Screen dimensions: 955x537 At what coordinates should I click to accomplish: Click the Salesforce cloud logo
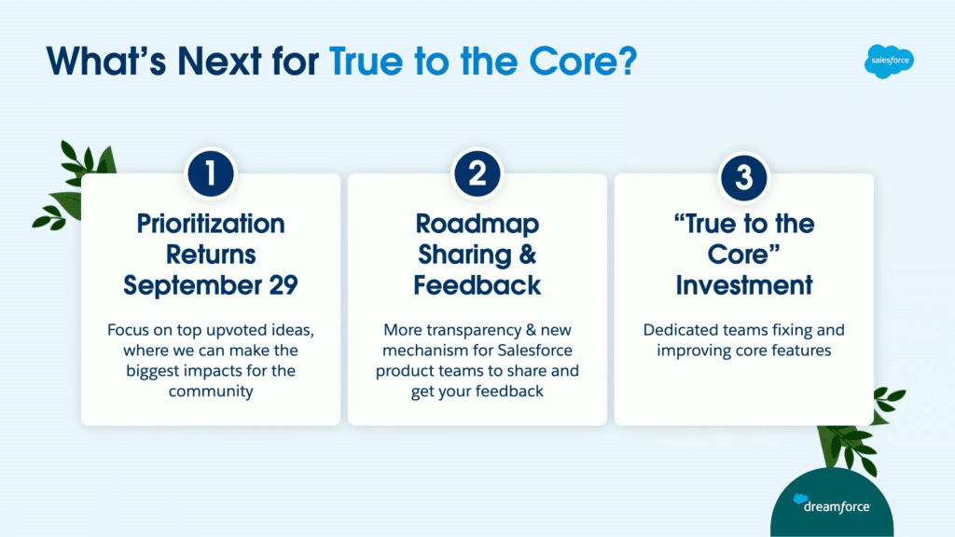[x=889, y=61]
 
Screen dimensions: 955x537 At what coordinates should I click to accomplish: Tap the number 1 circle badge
[x=211, y=173]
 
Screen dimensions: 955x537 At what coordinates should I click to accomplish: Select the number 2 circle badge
[x=477, y=173]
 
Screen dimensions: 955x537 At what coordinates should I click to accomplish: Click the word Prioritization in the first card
[x=211, y=224]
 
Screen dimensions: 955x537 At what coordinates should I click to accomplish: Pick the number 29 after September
[x=284, y=285]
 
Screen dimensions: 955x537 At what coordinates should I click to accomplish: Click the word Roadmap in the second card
[x=477, y=224]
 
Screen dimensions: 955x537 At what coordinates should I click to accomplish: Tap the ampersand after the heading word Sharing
[x=528, y=255]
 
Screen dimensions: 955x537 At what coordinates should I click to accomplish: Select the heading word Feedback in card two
[x=477, y=285]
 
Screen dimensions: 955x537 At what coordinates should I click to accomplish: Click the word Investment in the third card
[x=743, y=285]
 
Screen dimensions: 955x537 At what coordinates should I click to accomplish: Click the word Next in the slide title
[x=220, y=62]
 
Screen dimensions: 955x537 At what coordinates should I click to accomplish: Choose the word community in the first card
[x=211, y=391]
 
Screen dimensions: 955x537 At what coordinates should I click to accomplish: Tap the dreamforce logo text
[x=837, y=506]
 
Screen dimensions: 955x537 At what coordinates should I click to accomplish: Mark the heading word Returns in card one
[x=211, y=255]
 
